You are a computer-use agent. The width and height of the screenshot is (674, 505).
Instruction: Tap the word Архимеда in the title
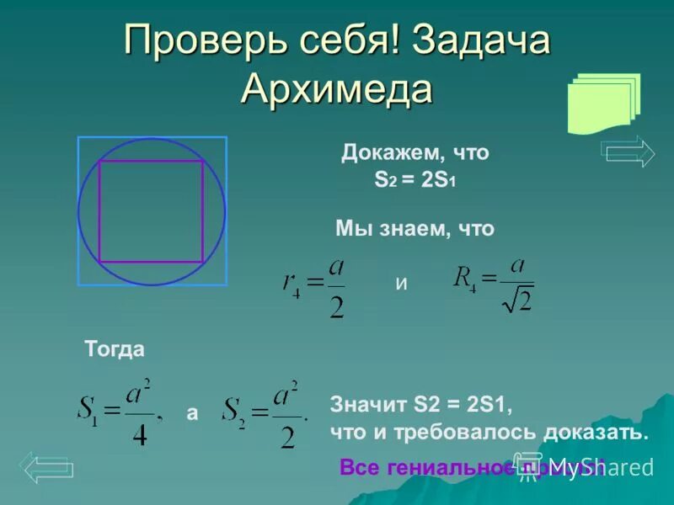pyautogui.click(x=337, y=88)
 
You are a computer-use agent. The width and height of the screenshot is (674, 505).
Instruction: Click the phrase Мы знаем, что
pyautogui.click(x=415, y=228)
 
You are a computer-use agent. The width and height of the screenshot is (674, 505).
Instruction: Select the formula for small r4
pyautogui.click(x=314, y=288)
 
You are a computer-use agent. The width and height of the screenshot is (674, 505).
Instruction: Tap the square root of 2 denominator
pyautogui.click(x=517, y=299)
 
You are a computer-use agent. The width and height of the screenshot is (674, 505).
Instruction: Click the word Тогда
pyautogui.click(x=115, y=349)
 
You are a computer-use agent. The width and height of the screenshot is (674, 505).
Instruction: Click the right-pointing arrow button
pyautogui.click(x=628, y=151)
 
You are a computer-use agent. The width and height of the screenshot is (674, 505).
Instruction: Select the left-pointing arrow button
pyautogui.click(x=46, y=467)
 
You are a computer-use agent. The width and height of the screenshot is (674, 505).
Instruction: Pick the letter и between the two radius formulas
pyautogui.click(x=401, y=284)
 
